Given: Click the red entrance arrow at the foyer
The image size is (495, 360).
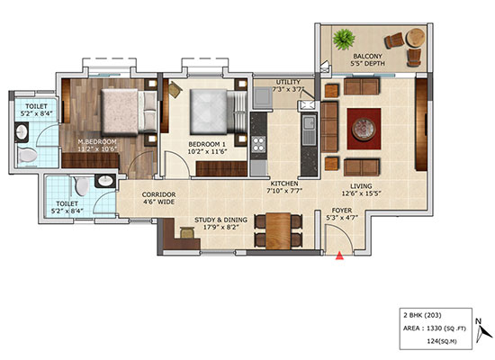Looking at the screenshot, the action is tap(339, 256).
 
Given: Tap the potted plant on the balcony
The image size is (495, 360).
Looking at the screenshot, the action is tap(344, 40).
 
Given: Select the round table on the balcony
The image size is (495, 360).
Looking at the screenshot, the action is tap(416, 38).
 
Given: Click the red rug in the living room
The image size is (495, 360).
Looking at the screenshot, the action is tap(364, 129).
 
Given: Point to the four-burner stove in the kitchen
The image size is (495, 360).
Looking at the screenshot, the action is tap(258, 144).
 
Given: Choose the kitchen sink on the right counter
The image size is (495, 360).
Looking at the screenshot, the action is tap(309, 130).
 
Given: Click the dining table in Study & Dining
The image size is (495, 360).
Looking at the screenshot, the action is tap(278, 231).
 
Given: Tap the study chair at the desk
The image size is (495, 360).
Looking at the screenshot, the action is tap(187, 233).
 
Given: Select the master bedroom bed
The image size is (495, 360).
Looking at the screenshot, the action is tap(129, 112).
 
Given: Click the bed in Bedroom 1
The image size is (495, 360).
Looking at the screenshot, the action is tap(218, 112).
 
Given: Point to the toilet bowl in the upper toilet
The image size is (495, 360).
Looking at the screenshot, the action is tap(28, 156).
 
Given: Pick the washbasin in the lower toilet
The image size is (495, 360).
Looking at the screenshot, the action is tap(104, 181).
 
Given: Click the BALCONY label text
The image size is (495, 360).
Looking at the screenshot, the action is tap(367, 56).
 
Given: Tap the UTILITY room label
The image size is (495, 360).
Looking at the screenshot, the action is tap(288, 82).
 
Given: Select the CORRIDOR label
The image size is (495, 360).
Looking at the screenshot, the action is tap(158, 194).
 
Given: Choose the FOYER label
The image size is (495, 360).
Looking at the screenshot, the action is tap(342, 211).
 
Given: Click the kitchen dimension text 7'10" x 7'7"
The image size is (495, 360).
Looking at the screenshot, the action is tap(284, 191).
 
